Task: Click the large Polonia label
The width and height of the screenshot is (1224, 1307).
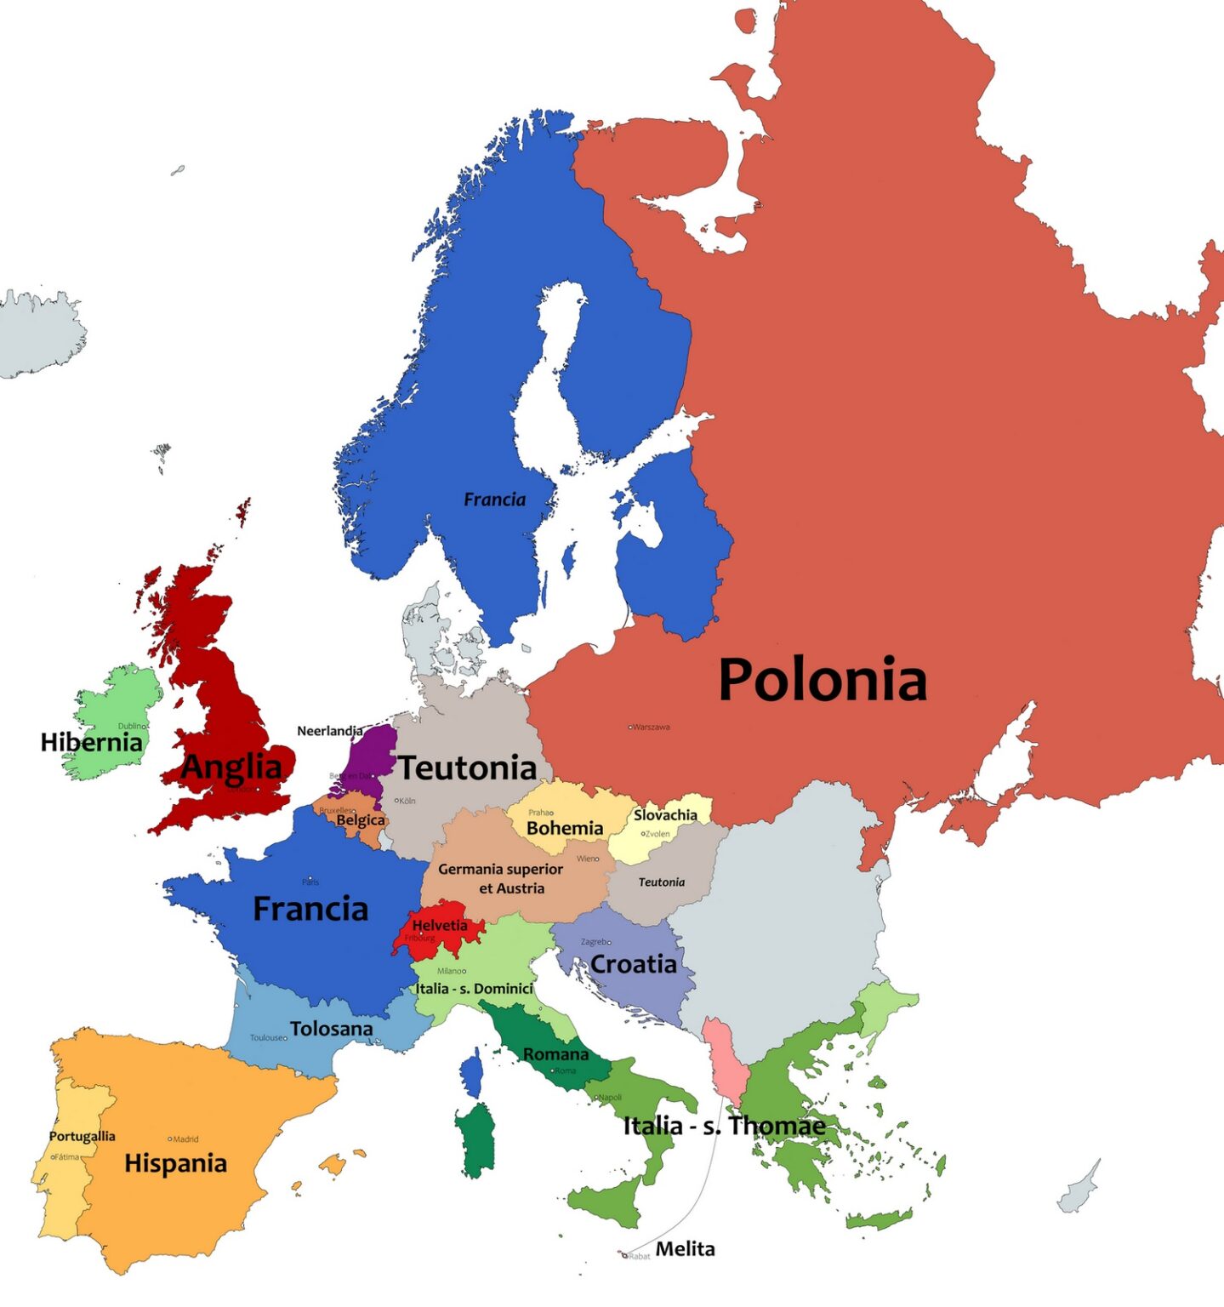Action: (822, 680)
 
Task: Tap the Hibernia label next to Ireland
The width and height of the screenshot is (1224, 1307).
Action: (91, 742)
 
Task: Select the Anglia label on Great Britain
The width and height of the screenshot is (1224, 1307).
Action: (231, 767)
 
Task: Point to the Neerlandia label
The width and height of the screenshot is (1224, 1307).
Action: (329, 731)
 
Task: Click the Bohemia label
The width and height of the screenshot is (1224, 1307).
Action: (565, 828)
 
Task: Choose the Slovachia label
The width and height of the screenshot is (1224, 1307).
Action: (665, 815)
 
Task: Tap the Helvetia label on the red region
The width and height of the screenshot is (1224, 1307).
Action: (440, 925)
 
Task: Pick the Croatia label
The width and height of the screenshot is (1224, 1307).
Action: (634, 964)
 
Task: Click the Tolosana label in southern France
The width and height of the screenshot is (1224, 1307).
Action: (331, 1029)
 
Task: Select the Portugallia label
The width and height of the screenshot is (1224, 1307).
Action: (82, 1136)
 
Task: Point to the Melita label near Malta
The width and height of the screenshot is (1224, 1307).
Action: (685, 1249)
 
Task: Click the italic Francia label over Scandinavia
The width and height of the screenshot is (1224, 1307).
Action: (494, 499)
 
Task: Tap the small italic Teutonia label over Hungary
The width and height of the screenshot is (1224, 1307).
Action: (661, 882)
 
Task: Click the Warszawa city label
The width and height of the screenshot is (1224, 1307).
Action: (651, 728)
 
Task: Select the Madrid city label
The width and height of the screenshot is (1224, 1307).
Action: (185, 1139)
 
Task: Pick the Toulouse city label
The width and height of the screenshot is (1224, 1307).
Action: (268, 1038)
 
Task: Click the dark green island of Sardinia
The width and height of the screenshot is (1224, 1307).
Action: (475, 1140)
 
